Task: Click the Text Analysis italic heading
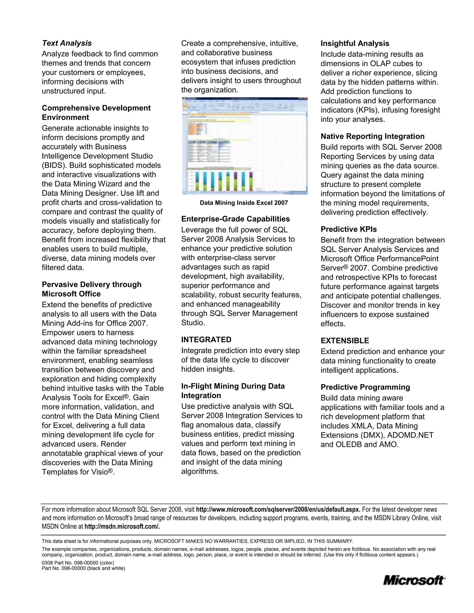pos(67,43)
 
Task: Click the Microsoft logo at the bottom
pos(414,580)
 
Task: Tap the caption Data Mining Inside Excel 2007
pos(244,203)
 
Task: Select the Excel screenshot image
pos(245,146)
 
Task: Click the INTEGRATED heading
pos(206,340)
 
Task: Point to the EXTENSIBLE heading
pos(345,341)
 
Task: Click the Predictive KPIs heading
pos(349,229)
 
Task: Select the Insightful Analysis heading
pos(355,43)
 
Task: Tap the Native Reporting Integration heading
pos(372,136)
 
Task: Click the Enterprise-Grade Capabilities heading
pos(235,219)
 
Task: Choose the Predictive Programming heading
pos(365,387)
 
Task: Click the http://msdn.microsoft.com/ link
pos(122,526)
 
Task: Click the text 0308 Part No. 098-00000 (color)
pos(78,563)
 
